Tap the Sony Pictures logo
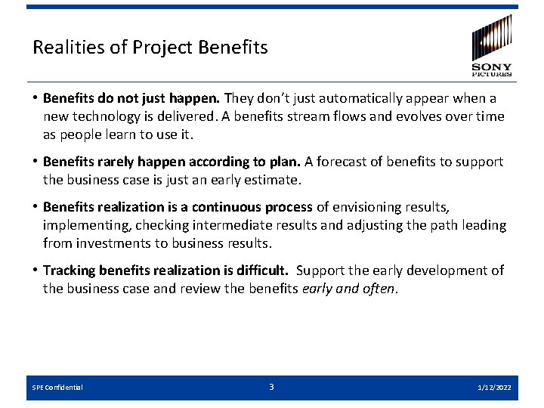492,45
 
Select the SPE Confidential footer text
57,388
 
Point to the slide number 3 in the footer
272,387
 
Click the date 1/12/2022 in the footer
494,388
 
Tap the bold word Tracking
70,270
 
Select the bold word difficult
261,270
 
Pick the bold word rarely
119,162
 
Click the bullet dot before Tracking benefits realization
36,270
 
